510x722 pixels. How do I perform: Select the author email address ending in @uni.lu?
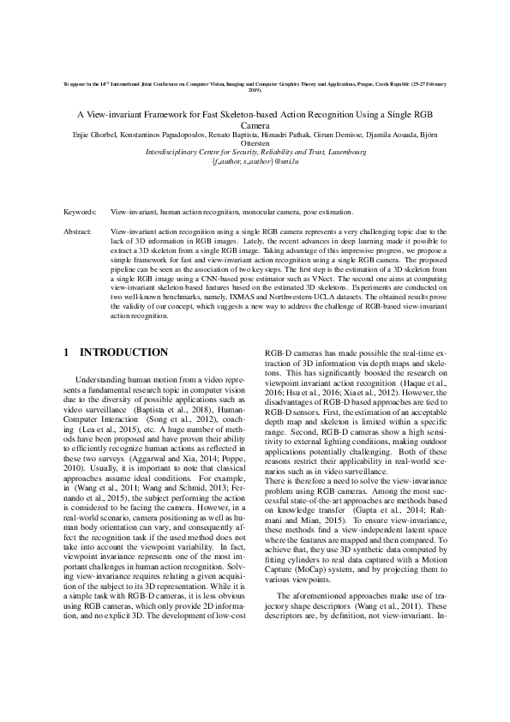[x=255, y=161]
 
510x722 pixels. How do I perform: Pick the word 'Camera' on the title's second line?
[x=255, y=125]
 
